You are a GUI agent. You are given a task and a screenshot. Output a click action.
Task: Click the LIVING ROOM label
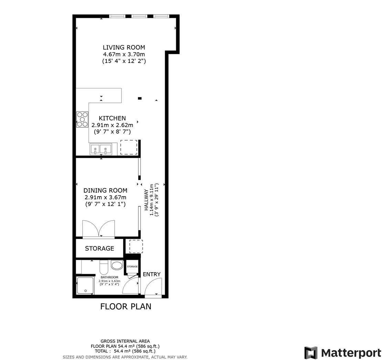(x=124, y=47)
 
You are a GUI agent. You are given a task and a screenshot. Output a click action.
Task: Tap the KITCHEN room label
(x=112, y=118)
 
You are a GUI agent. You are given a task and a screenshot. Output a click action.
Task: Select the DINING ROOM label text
(x=105, y=190)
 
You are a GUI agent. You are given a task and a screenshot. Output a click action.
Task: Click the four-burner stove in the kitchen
(x=82, y=119)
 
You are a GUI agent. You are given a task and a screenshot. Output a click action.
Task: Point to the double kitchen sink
(x=101, y=149)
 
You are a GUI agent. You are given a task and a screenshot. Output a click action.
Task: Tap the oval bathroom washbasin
(x=117, y=265)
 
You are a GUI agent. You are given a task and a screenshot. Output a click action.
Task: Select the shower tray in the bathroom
(x=85, y=286)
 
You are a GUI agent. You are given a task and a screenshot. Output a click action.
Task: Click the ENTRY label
(x=151, y=274)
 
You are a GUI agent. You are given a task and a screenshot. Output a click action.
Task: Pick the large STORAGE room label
(x=99, y=248)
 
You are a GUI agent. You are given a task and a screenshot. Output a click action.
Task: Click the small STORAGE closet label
(x=132, y=266)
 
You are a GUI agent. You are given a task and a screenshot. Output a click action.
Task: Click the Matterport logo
(x=343, y=353)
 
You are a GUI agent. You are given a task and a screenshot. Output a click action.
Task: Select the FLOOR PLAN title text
(x=126, y=306)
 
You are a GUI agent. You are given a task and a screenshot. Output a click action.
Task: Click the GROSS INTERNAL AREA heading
(x=125, y=341)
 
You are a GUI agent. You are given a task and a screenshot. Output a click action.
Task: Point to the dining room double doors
(x=98, y=229)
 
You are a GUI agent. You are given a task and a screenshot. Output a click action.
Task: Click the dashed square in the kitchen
(x=129, y=147)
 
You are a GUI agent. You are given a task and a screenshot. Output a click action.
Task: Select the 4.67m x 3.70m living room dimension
(x=124, y=54)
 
